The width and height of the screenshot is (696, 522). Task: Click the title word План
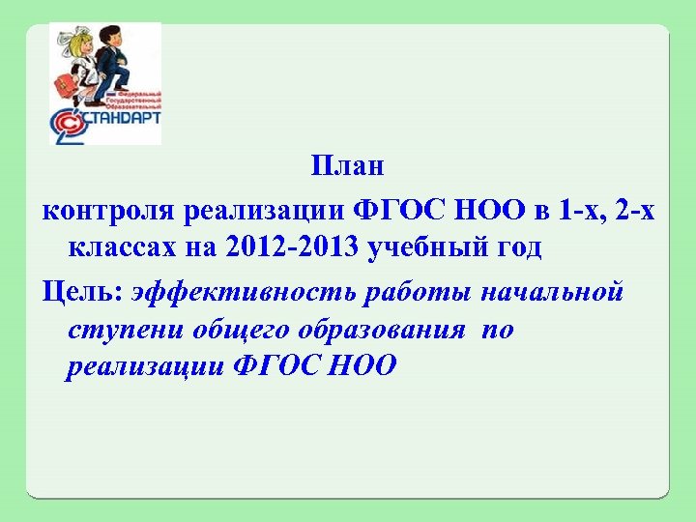[x=348, y=166]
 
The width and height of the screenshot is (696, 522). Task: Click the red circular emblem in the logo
[x=67, y=127]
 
